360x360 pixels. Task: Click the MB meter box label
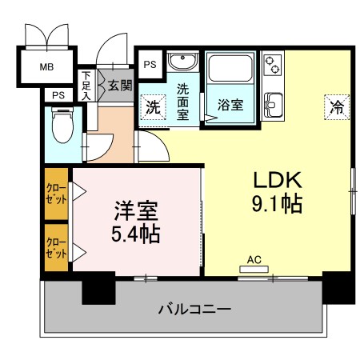click(45, 66)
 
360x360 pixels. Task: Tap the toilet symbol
click(61, 126)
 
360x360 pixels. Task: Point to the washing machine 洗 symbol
click(151, 105)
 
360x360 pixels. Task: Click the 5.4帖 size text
click(134, 234)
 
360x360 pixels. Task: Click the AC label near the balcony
click(254, 259)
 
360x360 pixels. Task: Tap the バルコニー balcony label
click(194, 308)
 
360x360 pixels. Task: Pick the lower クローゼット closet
click(55, 246)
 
